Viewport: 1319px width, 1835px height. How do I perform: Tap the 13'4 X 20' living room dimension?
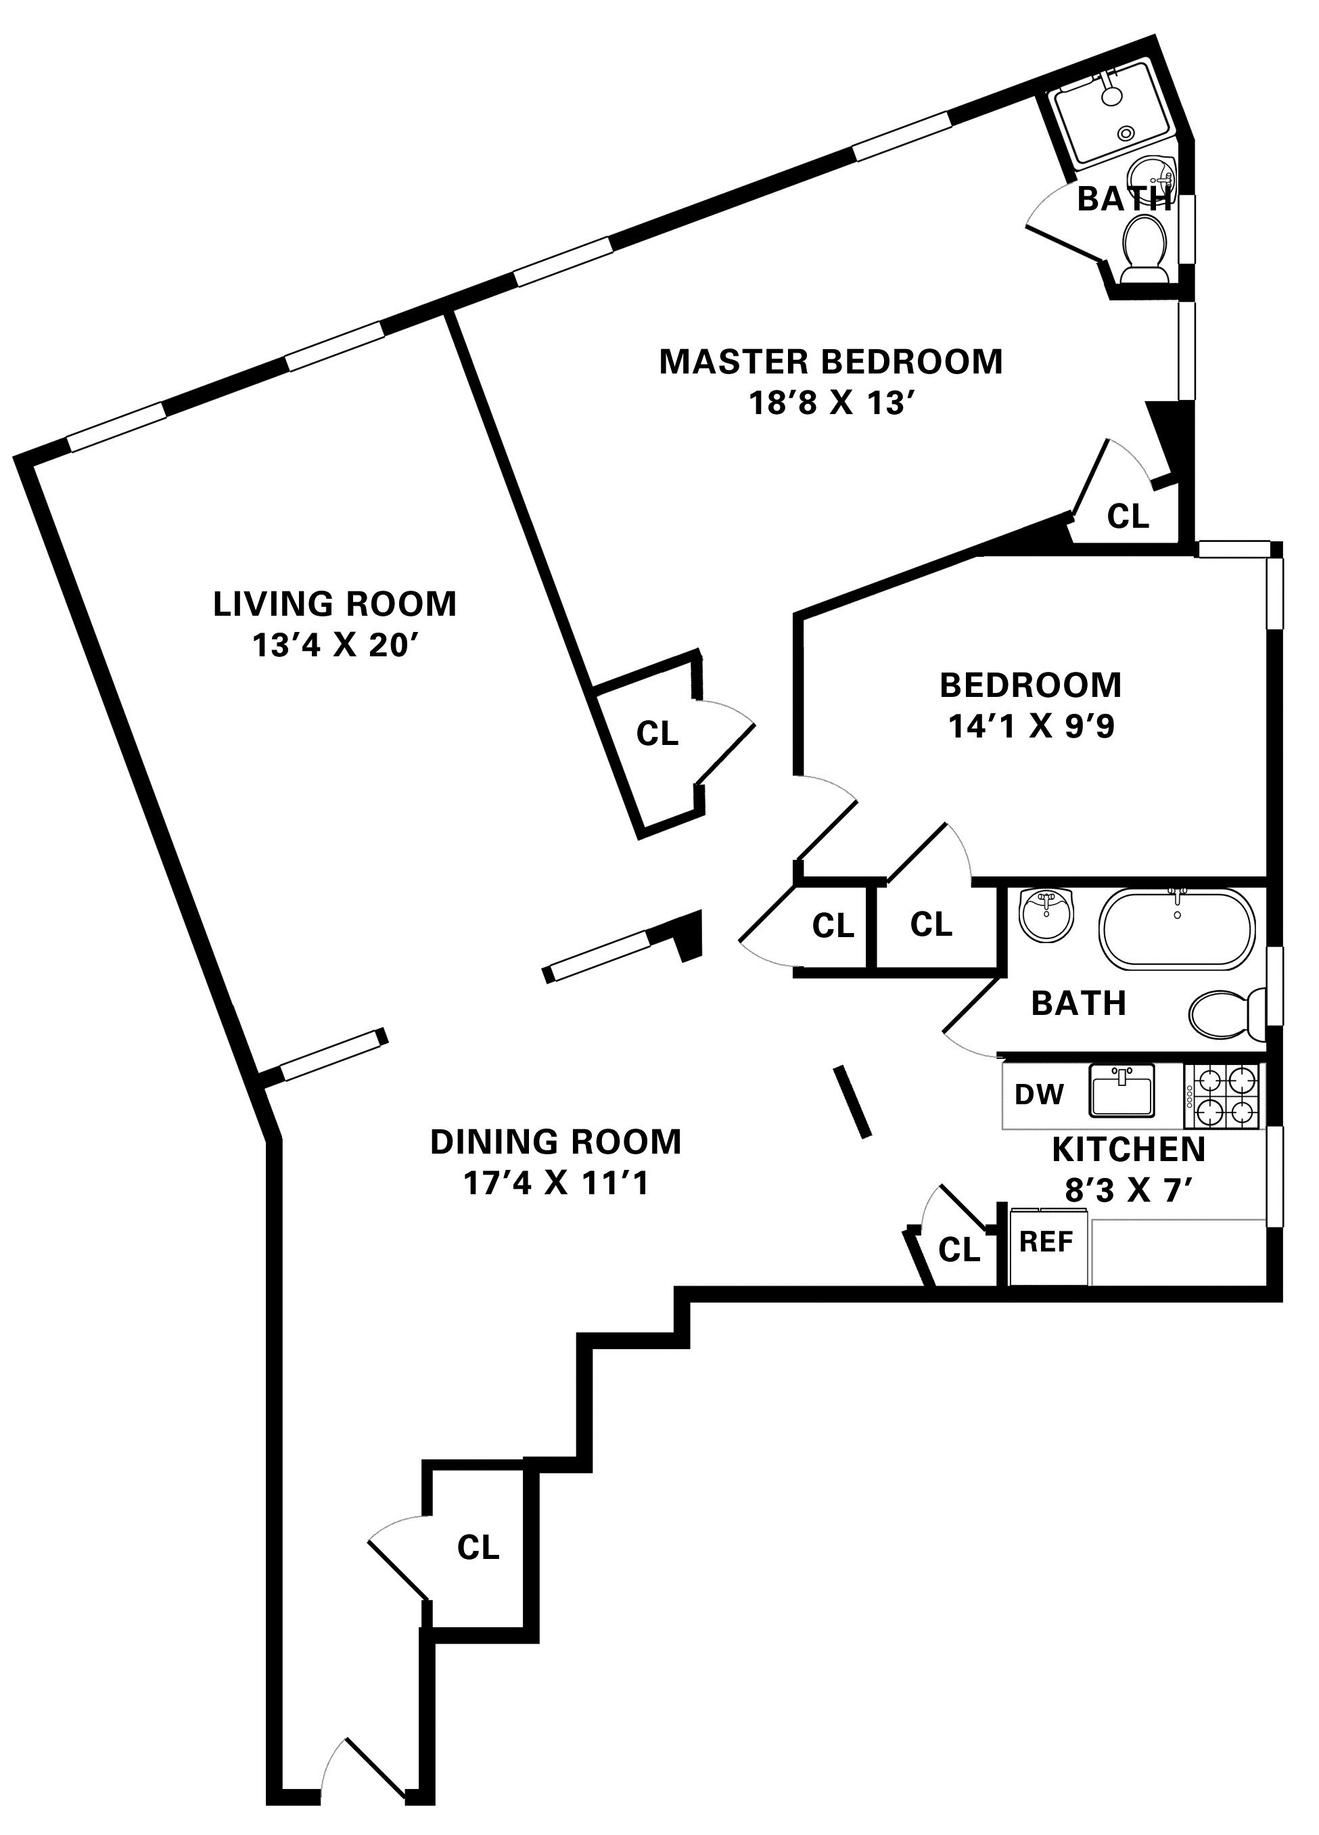[334, 645]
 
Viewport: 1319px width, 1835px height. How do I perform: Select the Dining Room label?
[555, 1141]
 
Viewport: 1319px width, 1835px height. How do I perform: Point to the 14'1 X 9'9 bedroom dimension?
[1030, 727]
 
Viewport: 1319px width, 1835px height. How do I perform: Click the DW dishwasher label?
[1039, 1095]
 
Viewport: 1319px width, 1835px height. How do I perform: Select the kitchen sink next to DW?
[1121, 1090]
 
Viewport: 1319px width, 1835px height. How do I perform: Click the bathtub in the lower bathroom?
[1177, 929]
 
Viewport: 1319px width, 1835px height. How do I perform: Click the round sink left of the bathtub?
[1047, 915]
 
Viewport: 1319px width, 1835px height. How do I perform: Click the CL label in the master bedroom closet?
[1128, 516]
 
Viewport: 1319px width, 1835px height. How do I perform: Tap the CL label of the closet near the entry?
[478, 1547]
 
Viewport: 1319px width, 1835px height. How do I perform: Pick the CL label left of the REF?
[959, 1250]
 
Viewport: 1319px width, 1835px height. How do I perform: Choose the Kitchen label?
[1128, 1149]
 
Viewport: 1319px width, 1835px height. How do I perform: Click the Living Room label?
[334, 604]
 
